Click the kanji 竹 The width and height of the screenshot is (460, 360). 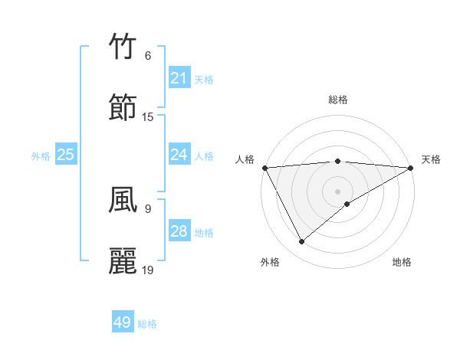(123, 47)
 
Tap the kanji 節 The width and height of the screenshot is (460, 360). (123, 107)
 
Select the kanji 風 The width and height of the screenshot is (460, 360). (123, 200)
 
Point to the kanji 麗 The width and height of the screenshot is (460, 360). (123, 261)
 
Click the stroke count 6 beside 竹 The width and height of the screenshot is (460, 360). (148, 56)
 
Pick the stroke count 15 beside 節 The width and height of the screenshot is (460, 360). (148, 117)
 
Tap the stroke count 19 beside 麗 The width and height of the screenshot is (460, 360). (148, 270)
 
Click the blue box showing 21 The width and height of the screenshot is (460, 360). (179, 78)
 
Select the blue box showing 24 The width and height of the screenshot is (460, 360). (179, 155)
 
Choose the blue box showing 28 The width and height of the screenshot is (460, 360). (179, 231)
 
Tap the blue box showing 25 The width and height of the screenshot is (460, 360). (65, 155)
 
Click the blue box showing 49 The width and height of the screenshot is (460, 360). (123, 322)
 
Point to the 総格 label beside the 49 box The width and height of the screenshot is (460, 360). (147, 324)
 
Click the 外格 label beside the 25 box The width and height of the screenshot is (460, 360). (41, 156)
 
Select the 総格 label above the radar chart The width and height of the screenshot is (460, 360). (338, 100)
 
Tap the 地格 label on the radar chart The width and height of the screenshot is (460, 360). (402, 262)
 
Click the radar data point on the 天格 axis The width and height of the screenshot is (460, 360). (411, 167)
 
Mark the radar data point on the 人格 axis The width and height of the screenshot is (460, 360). (264, 167)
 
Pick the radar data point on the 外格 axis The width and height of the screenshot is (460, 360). (301, 242)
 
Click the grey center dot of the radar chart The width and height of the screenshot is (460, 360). (337, 191)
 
